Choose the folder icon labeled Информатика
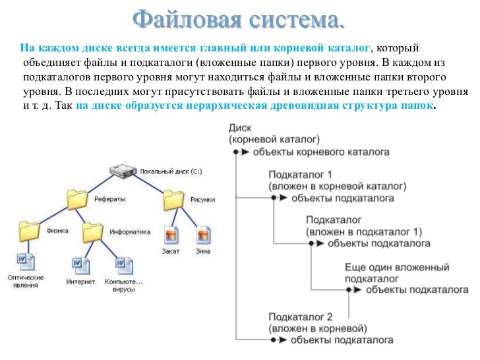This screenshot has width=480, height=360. click(x=93, y=231)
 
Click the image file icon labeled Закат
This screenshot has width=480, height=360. click(x=171, y=234)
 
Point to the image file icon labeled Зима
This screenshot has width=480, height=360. click(x=202, y=234)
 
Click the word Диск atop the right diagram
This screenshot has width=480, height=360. click(x=240, y=129)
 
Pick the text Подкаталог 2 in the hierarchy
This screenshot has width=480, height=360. click(x=301, y=316)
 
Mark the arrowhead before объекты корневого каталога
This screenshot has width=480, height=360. click(x=244, y=152)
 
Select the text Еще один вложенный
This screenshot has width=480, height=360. click(x=397, y=268)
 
